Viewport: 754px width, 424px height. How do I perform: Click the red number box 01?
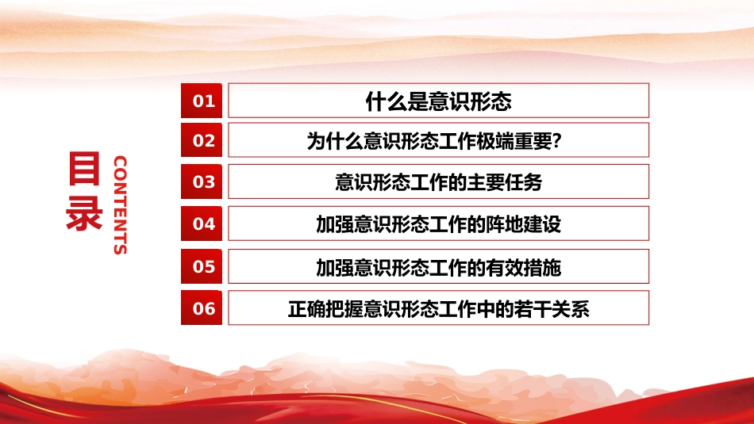coord(204,101)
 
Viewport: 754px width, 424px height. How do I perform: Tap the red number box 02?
coord(204,140)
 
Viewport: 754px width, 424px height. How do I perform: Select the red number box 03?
coord(204,181)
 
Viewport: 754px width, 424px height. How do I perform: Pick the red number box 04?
coord(204,223)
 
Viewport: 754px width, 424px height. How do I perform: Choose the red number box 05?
coord(204,266)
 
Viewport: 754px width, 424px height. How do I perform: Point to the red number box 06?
coord(204,308)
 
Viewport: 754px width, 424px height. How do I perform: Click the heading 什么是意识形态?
coord(438,101)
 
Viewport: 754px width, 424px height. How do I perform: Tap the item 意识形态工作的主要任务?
coord(438,182)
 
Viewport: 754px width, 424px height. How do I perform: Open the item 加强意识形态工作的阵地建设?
coord(438,224)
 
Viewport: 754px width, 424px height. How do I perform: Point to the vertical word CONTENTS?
coord(120,205)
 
